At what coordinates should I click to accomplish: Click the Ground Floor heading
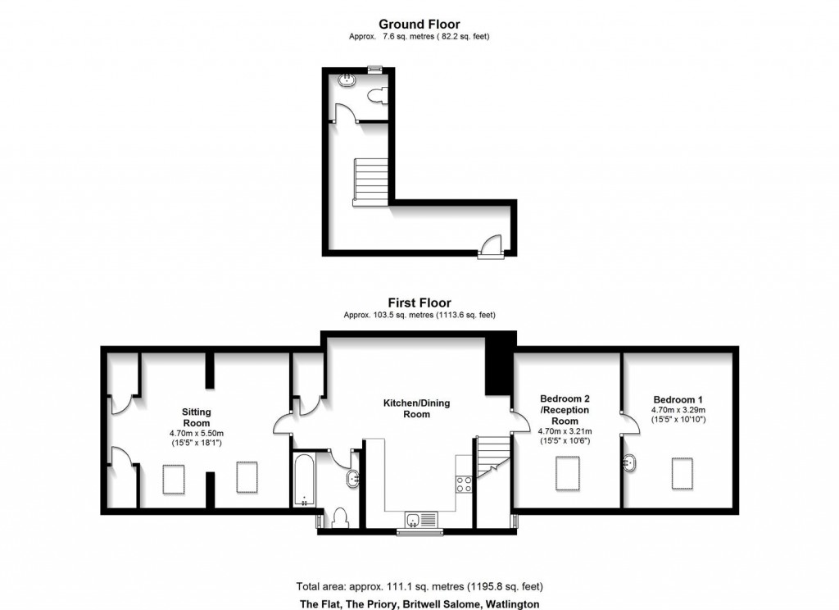(419, 25)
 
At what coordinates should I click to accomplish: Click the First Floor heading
(419, 303)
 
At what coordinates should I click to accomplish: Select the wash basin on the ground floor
(348, 80)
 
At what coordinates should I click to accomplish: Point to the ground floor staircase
(370, 181)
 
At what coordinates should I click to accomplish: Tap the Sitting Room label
(197, 417)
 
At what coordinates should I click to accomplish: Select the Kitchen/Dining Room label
(417, 408)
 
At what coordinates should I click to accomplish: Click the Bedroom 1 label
(677, 398)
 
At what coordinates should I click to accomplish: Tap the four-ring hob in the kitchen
(464, 484)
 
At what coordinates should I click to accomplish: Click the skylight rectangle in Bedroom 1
(683, 473)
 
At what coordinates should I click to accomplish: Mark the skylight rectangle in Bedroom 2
(568, 473)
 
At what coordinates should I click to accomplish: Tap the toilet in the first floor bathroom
(339, 518)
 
